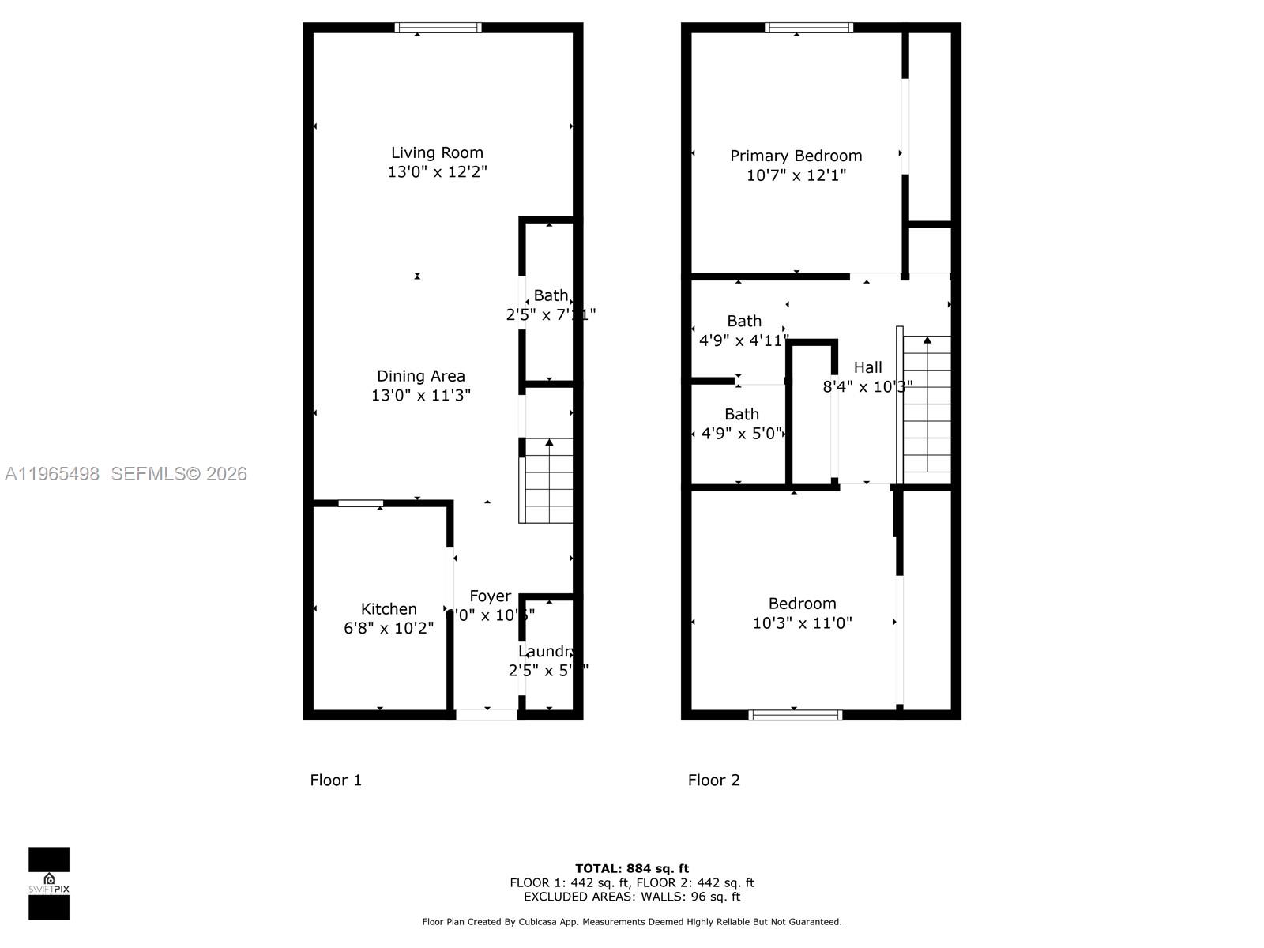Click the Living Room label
tap(437, 152)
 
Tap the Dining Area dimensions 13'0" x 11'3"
tap(421, 395)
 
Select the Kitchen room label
tap(389, 609)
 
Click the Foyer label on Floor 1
tap(491, 596)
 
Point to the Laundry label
tap(545, 652)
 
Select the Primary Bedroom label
tap(796, 156)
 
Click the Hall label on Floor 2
tap(867, 367)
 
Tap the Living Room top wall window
tap(438, 28)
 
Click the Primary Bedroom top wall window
tap(809, 28)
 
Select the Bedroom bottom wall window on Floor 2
tap(796, 715)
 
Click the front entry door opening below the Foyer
tap(487, 715)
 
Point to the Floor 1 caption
tap(336, 781)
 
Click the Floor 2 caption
tap(713, 781)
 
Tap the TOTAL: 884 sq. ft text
tap(632, 868)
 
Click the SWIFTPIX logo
tap(49, 883)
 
